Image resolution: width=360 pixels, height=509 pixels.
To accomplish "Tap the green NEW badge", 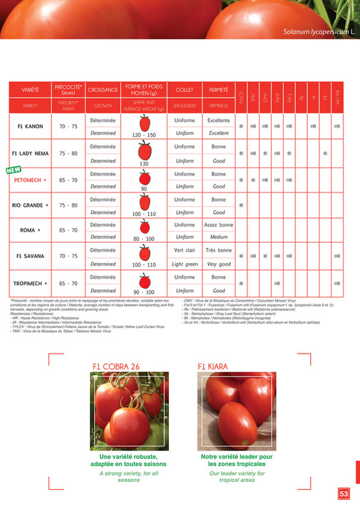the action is point(13,171).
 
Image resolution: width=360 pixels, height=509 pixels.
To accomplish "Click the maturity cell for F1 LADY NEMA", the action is point(69,153).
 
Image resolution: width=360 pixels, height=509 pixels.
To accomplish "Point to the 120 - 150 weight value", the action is point(144,134).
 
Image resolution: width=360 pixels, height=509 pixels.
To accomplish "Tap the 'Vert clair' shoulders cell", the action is point(185,250).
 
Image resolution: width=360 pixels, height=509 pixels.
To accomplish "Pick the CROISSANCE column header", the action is point(103,90).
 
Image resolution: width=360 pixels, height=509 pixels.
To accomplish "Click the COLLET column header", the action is point(185,90).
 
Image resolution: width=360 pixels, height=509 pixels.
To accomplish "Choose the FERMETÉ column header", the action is point(219,90).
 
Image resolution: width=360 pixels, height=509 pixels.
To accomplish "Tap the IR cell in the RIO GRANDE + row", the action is point(242,205).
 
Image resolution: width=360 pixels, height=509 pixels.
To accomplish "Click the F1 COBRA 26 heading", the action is point(115,366).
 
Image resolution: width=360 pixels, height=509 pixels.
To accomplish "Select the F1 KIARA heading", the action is point(212,366).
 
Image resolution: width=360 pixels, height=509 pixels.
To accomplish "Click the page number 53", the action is point(344,493).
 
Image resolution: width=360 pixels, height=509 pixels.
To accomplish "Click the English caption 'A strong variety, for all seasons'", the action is point(129,478).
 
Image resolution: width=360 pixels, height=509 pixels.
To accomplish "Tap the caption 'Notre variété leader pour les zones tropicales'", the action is point(237,460).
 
